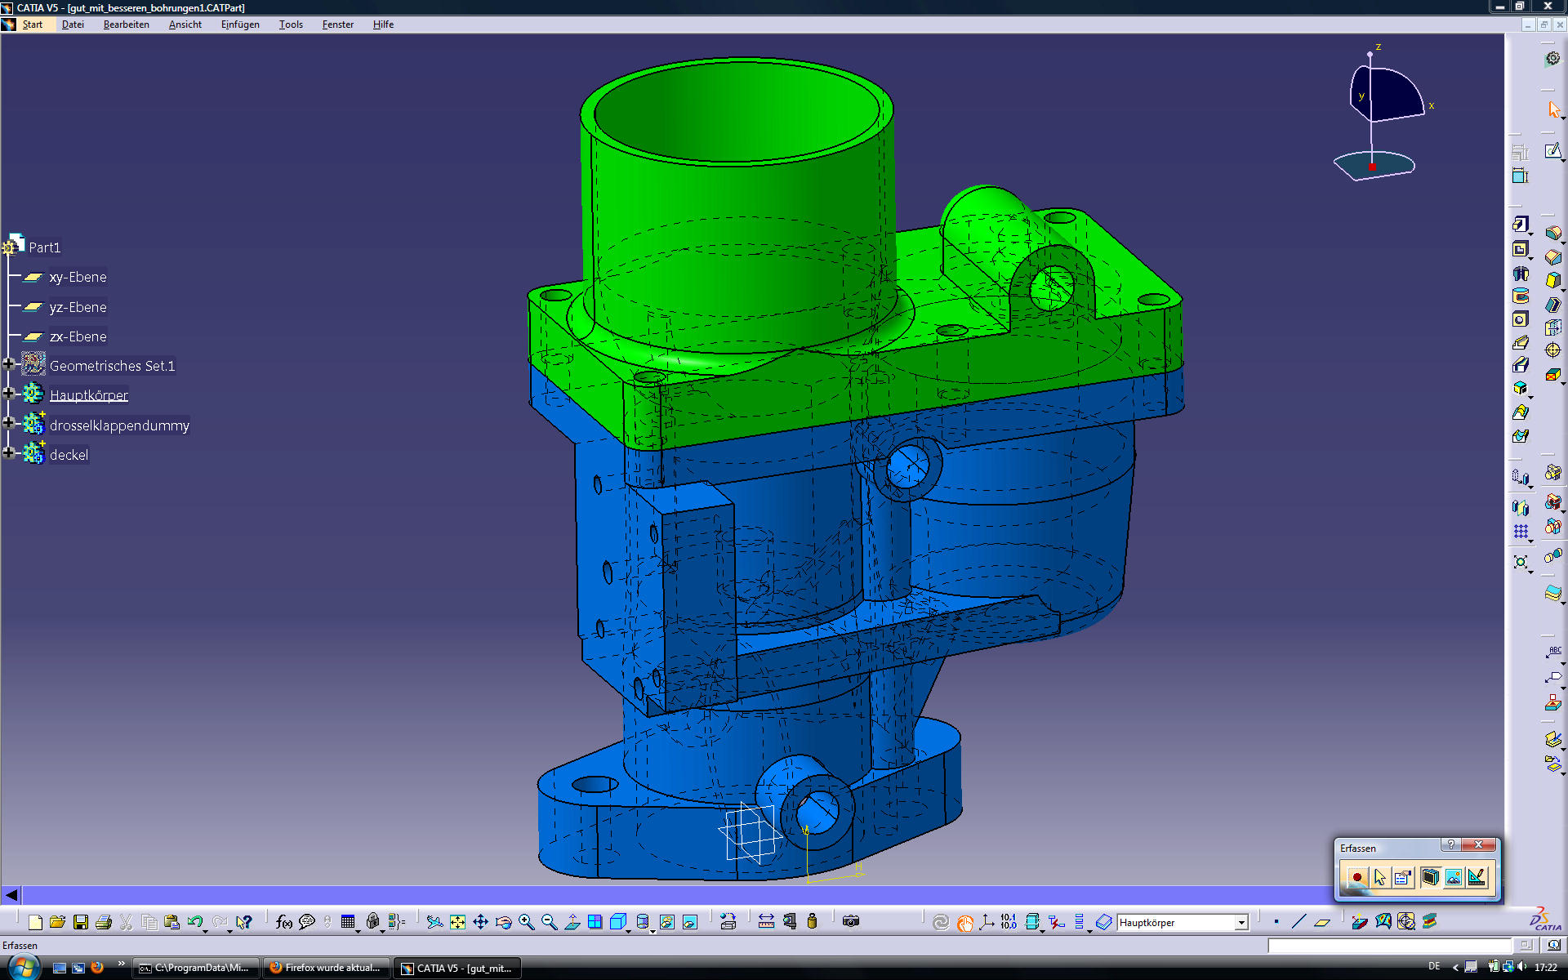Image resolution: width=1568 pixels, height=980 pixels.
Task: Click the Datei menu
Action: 73,24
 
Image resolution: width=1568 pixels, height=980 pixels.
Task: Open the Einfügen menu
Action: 240,24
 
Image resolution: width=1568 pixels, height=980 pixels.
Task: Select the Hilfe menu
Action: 383,24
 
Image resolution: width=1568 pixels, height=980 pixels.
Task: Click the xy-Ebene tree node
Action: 78,278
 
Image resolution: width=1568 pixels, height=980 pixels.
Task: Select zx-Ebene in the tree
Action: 78,336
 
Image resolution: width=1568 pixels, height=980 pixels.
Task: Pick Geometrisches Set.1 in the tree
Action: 112,366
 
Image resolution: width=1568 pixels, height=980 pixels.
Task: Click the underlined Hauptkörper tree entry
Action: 89,395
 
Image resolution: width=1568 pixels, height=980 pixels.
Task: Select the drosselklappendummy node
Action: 119,425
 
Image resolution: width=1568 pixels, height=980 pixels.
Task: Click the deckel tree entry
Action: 69,455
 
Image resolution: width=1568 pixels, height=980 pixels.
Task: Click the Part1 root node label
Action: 44,247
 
